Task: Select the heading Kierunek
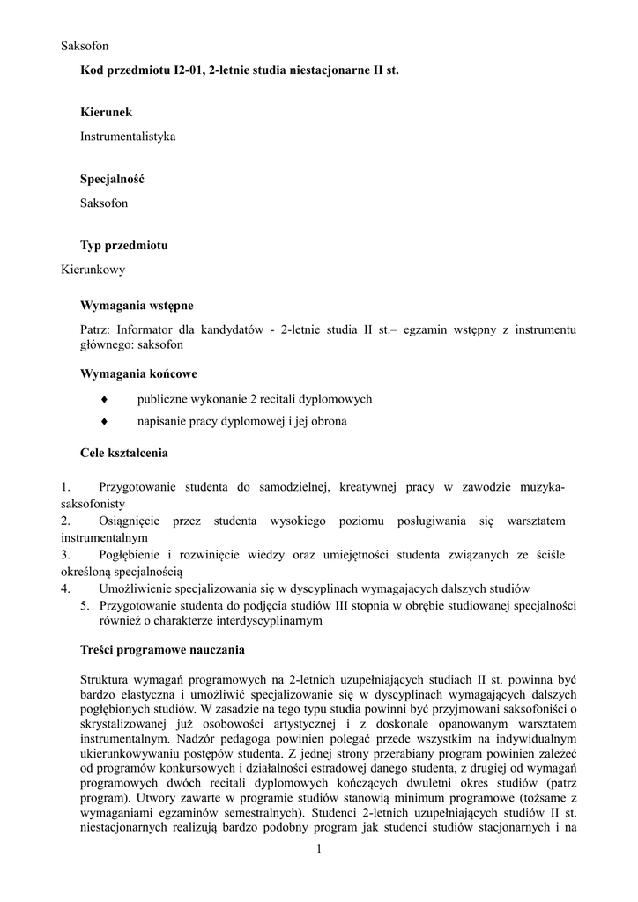tap(107, 113)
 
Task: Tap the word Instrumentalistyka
tap(128, 137)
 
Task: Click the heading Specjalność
tap(112, 179)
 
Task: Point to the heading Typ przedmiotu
tap(124, 246)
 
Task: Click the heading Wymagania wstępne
tap(137, 306)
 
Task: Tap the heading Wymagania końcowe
tap(138, 373)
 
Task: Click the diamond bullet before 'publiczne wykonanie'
tap(104, 399)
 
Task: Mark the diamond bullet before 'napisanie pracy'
tap(104, 421)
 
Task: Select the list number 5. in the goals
tap(85, 606)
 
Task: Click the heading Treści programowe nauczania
tap(162, 650)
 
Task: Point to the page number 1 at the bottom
tap(319, 848)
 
